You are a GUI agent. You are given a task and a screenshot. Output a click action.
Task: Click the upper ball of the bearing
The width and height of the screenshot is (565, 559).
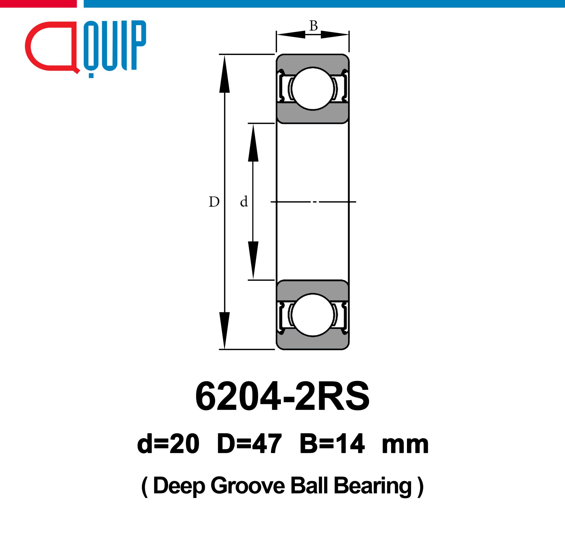[313, 89]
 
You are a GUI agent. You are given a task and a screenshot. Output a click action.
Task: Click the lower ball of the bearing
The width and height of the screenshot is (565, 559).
[313, 315]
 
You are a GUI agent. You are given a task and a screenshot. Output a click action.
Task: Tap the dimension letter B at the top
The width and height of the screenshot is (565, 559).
[313, 26]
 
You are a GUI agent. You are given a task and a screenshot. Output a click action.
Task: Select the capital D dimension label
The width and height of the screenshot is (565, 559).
[214, 202]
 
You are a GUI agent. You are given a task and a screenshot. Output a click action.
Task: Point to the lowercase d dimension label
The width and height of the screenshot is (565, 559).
[244, 201]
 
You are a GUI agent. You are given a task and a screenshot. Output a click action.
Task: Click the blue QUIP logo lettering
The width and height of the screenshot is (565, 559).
[115, 49]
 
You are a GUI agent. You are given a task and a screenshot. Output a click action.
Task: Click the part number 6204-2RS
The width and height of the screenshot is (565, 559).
[282, 396]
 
